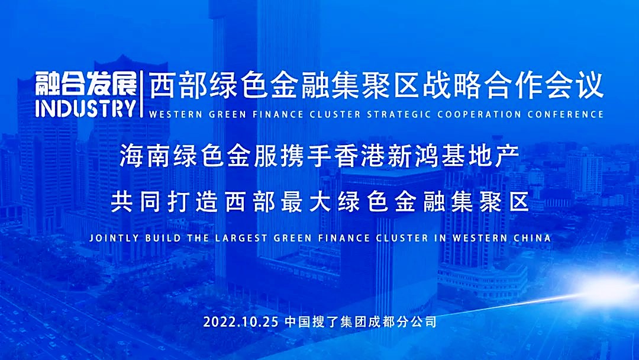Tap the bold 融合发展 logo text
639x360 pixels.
[x=86, y=84]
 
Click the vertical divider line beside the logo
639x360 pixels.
[x=141, y=94]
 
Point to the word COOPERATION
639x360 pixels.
[x=479, y=114]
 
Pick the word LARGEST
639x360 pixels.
[x=241, y=237]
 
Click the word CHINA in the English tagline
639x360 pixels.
[x=532, y=237]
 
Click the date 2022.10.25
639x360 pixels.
[x=241, y=322]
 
